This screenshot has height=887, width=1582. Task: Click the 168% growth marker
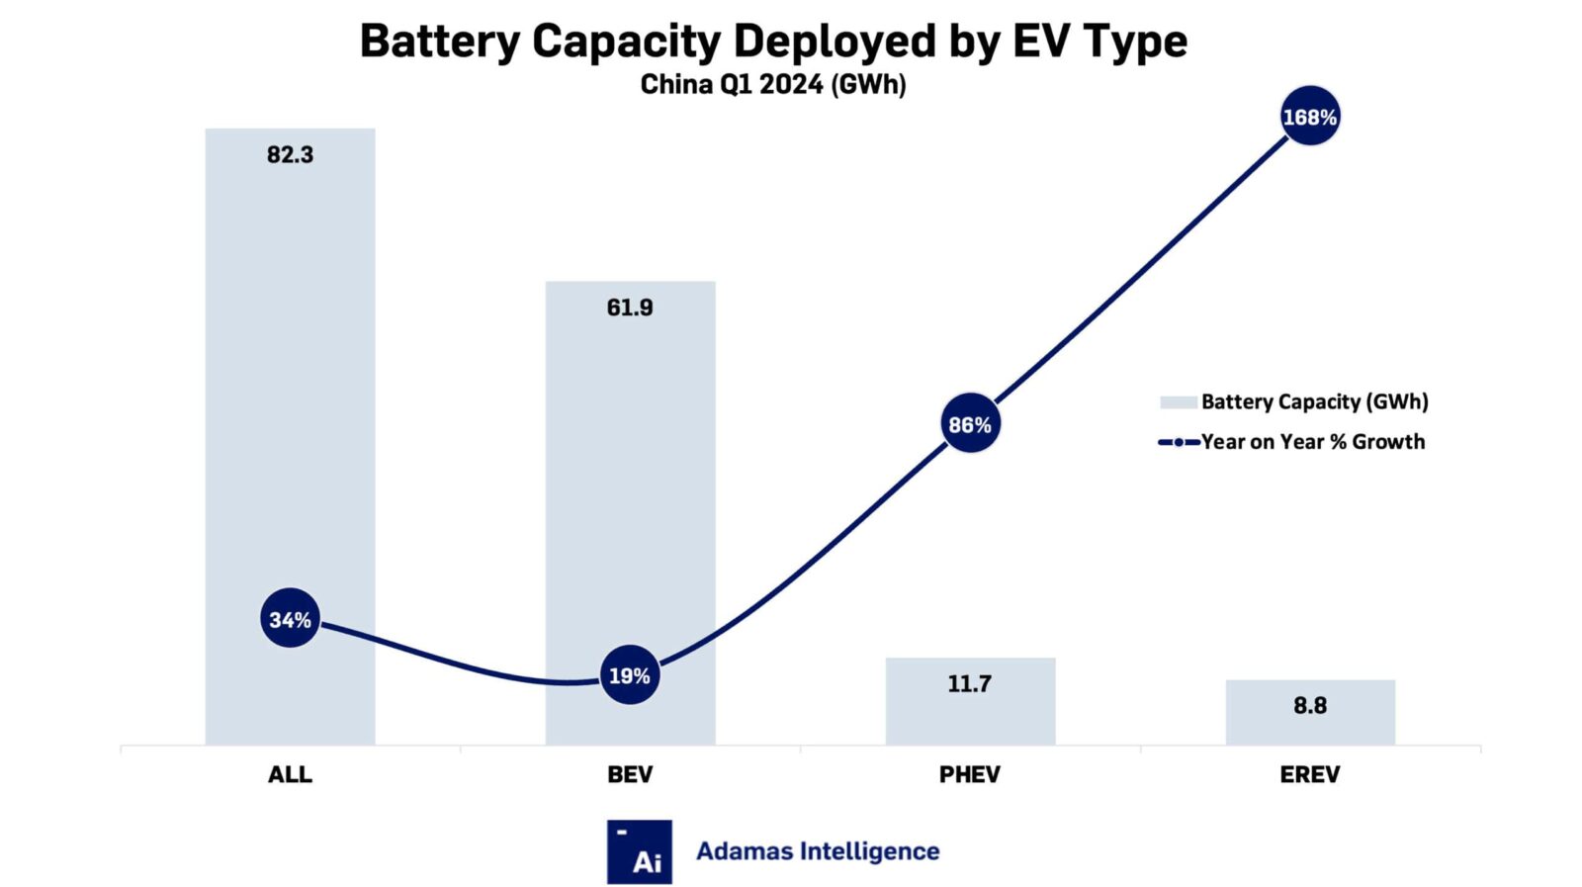pyautogui.click(x=1309, y=117)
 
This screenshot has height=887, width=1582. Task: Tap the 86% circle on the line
pyautogui.click(x=969, y=424)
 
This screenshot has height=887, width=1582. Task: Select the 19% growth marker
pyautogui.click(x=629, y=675)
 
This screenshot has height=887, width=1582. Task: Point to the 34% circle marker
pyautogui.click(x=290, y=619)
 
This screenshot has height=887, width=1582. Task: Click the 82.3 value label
pyautogui.click(x=290, y=154)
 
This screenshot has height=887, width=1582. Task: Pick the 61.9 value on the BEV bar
pyautogui.click(x=629, y=308)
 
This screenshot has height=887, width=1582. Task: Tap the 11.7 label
pyautogui.click(x=969, y=683)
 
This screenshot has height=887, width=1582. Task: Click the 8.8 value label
pyautogui.click(x=1309, y=705)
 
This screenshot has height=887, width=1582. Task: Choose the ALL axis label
pyautogui.click(x=290, y=774)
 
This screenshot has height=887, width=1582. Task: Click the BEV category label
pyautogui.click(x=629, y=774)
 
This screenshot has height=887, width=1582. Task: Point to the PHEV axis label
pyautogui.click(x=969, y=774)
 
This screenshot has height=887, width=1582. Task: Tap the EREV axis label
pyautogui.click(x=1309, y=774)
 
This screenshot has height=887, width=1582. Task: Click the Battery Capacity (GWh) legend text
pyautogui.click(x=1314, y=401)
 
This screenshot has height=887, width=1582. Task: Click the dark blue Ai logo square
pyautogui.click(x=639, y=851)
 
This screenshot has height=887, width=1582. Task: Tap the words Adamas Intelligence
pyautogui.click(x=818, y=851)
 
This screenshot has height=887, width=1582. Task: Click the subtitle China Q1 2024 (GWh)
pyautogui.click(x=772, y=85)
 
